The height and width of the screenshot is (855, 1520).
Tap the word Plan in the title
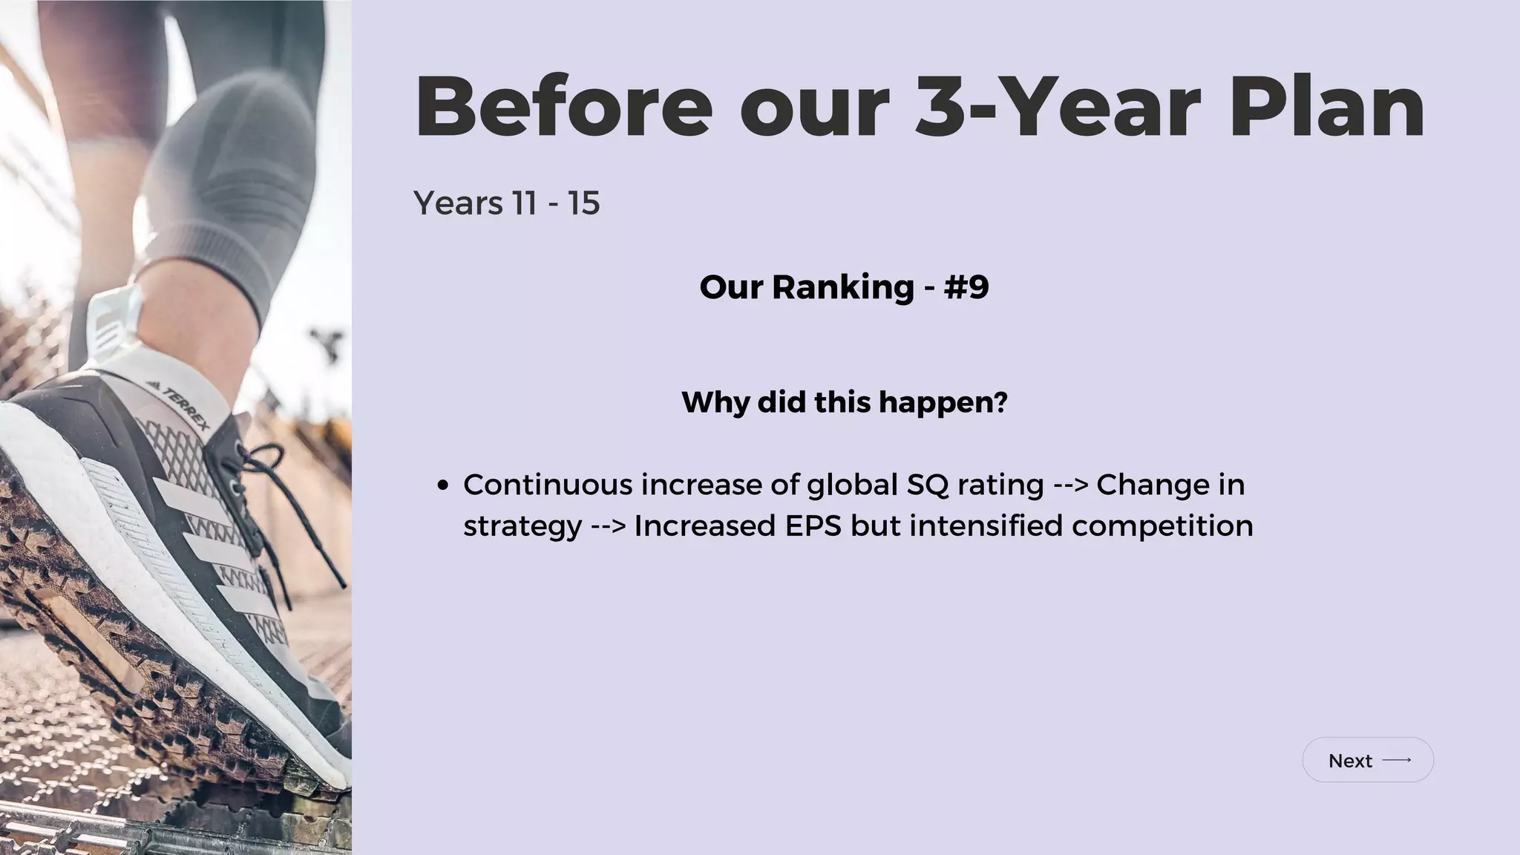(x=1327, y=108)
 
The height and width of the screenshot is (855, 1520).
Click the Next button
(x=1367, y=760)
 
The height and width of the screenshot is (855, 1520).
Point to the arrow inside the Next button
(x=1397, y=760)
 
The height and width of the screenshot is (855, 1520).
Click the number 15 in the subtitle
(x=584, y=203)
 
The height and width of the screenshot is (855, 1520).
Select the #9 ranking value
(x=966, y=287)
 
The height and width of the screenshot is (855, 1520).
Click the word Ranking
(x=842, y=287)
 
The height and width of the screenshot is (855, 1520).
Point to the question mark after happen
(x=1000, y=402)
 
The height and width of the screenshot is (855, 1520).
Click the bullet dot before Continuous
(x=443, y=486)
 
